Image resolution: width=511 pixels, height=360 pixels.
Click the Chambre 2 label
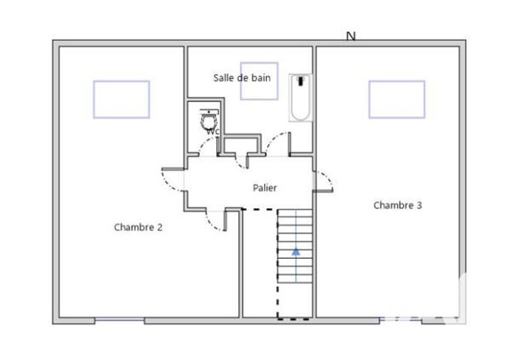coord(138,227)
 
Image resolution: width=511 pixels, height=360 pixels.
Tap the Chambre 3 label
coord(398,205)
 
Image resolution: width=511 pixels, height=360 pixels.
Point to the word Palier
coord(264,187)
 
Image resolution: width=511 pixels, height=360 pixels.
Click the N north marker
coord(350,36)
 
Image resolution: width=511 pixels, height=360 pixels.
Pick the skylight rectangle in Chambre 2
coord(121,100)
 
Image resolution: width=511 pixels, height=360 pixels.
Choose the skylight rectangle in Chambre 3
coord(396,100)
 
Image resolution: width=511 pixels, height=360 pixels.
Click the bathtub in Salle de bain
coord(300,99)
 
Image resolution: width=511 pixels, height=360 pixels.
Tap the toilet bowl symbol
coord(207,120)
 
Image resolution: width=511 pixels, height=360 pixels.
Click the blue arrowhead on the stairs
coord(296,251)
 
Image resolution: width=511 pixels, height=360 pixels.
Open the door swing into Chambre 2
coord(173,179)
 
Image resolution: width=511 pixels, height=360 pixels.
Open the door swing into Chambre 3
coord(324,179)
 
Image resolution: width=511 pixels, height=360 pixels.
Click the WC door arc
coord(210,146)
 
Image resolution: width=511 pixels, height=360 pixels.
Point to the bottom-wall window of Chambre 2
coord(119,320)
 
